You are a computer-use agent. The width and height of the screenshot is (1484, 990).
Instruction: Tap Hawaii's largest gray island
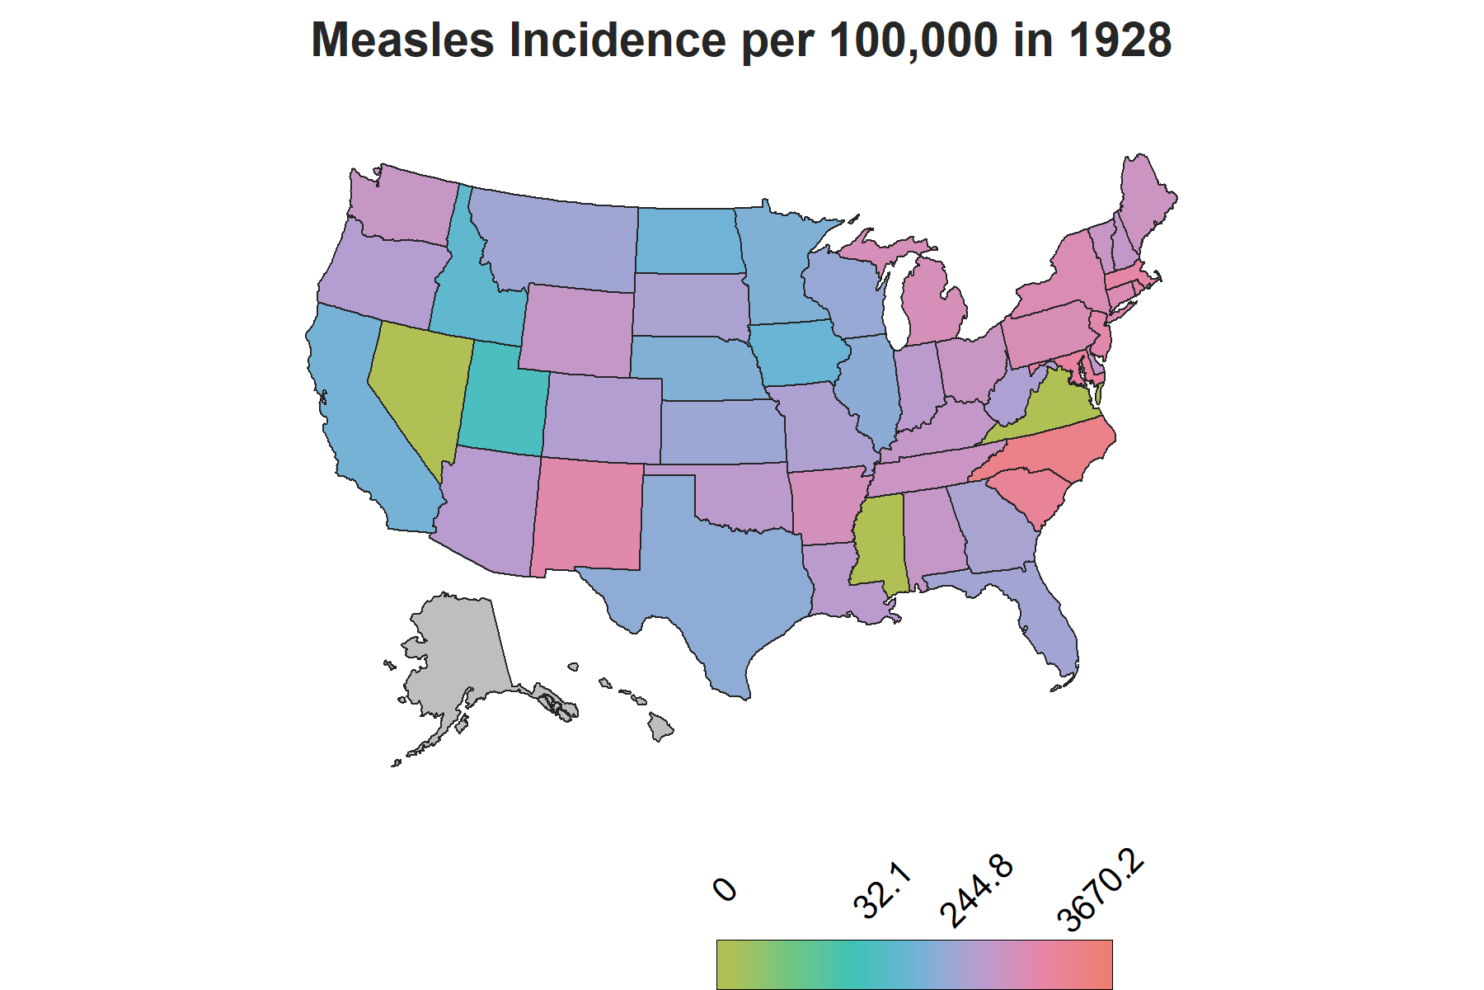(x=660, y=727)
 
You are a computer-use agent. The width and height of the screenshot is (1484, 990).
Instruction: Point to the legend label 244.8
(x=977, y=892)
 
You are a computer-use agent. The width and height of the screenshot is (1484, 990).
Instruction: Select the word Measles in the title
(x=403, y=40)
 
